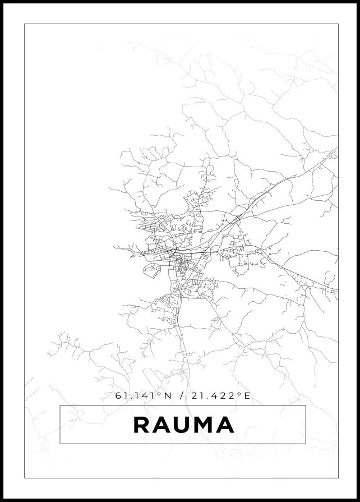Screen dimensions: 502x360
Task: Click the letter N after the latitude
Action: click(167, 396)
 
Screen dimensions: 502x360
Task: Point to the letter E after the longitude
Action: click(247, 396)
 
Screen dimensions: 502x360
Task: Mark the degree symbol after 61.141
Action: click(159, 394)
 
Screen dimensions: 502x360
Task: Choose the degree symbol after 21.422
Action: click(239, 394)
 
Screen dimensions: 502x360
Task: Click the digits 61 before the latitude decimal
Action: click(121, 396)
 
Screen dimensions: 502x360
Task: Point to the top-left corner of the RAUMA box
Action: click(60, 405)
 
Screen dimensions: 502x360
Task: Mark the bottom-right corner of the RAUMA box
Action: click(306, 444)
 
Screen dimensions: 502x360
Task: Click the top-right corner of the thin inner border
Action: click(338, 24)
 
